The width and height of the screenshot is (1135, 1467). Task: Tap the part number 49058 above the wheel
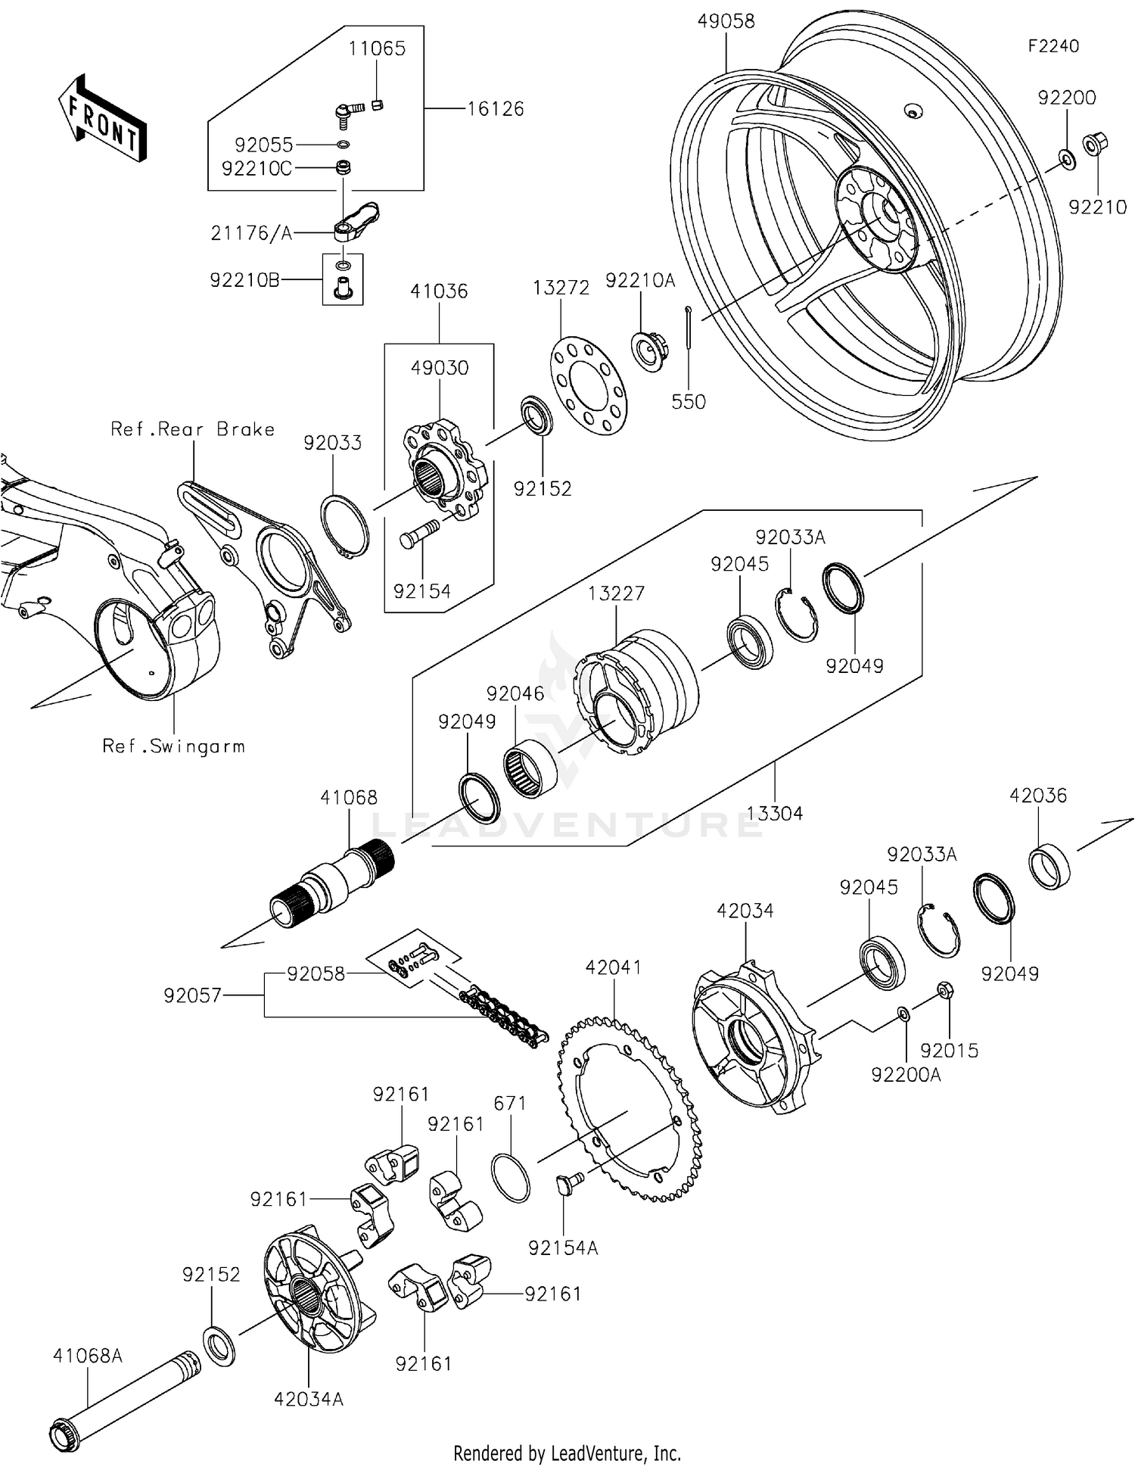click(x=726, y=21)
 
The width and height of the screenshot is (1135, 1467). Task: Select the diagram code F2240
click(x=1053, y=46)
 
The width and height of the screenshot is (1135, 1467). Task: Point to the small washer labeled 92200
click(x=1067, y=159)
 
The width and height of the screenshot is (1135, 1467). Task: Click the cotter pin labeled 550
click(x=689, y=328)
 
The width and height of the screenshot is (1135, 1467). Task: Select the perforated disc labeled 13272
click(x=588, y=386)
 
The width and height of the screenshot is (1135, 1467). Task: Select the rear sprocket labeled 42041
click(x=628, y=1109)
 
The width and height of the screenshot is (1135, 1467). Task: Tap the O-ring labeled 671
click(x=511, y=1177)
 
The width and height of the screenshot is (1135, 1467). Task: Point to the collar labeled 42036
click(x=1051, y=864)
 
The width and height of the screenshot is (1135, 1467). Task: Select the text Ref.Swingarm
click(x=173, y=746)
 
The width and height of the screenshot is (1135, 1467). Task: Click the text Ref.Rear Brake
click(x=192, y=429)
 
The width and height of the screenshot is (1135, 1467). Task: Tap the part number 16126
click(x=495, y=109)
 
